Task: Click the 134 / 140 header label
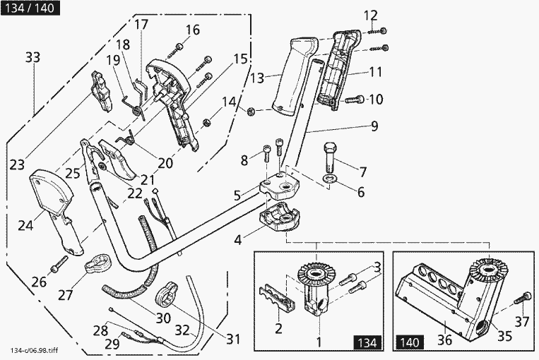pos(30,8)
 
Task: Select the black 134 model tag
pos(367,342)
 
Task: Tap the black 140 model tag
pos(410,342)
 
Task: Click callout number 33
pos(33,57)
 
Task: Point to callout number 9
pos(374,126)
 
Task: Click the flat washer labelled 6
pos(330,179)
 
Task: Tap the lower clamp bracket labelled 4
pos(280,217)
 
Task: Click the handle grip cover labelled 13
pos(295,76)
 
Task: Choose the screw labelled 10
pos(354,100)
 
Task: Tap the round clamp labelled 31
pos(166,293)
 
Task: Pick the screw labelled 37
pos(521,297)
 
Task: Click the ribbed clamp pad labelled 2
pos(277,298)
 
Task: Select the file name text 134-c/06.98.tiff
pos(35,351)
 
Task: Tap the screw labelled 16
pos(174,51)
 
